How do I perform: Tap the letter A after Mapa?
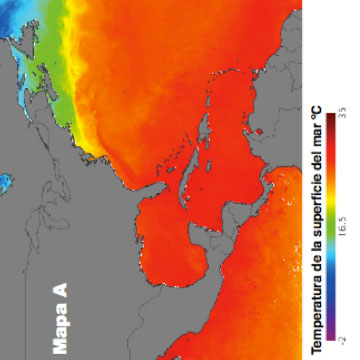click(60, 290)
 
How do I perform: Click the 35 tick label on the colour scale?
click(339, 117)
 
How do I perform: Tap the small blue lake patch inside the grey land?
click(5, 183)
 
